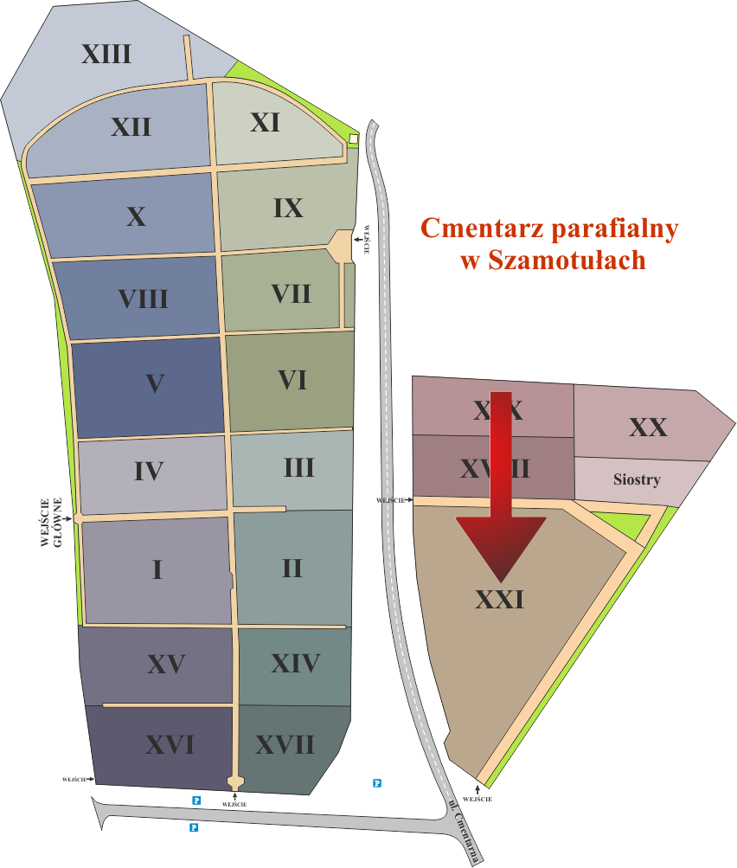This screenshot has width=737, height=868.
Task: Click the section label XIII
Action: coord(106,55)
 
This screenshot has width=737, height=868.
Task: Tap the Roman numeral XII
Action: coord(131,127)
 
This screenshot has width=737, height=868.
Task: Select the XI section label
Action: coord(265,123)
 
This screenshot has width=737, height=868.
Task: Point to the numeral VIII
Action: coord(143,299)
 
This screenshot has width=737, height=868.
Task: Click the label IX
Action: coord(287,209)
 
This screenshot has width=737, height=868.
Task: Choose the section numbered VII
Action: coord(291,293)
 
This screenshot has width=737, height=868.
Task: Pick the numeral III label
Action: coord(298,468)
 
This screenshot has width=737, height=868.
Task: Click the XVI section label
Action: coord(169,744)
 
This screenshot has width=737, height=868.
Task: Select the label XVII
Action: coord(285,744)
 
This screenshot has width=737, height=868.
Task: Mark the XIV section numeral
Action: coord(295,664)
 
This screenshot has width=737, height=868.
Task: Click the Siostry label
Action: coord(636,479)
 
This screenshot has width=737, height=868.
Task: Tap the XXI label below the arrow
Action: coord(500,599)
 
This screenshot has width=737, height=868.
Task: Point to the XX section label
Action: coord(648,428)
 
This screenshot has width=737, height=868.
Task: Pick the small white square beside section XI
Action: coord(353,138)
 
